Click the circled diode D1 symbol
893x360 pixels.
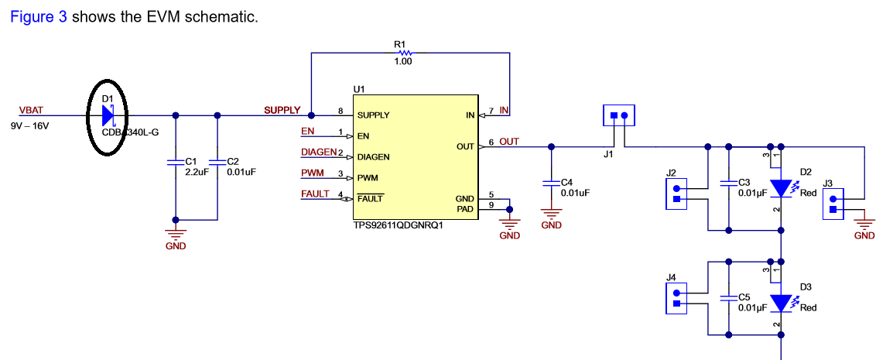click(x=108, y=116)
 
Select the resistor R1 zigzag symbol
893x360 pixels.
click(x=402, y=53)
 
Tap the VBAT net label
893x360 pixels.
click(x=33, y=111)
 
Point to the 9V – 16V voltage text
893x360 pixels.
click(x=29, y=125)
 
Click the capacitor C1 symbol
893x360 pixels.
click(x=176, y=162)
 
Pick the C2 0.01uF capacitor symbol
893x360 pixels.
click(x=218, y=162)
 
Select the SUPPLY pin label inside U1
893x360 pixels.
click(x=373, y=115)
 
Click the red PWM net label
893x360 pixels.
click(x=313, y=173)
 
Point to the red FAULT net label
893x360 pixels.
click(x=315, y=194)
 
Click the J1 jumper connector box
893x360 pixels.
click(x=619, y=116)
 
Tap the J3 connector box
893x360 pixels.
click(x=833, y=204)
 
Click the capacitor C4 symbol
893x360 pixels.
click(x=551, y=183)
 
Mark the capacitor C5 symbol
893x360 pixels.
click(x=727, y=297)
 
